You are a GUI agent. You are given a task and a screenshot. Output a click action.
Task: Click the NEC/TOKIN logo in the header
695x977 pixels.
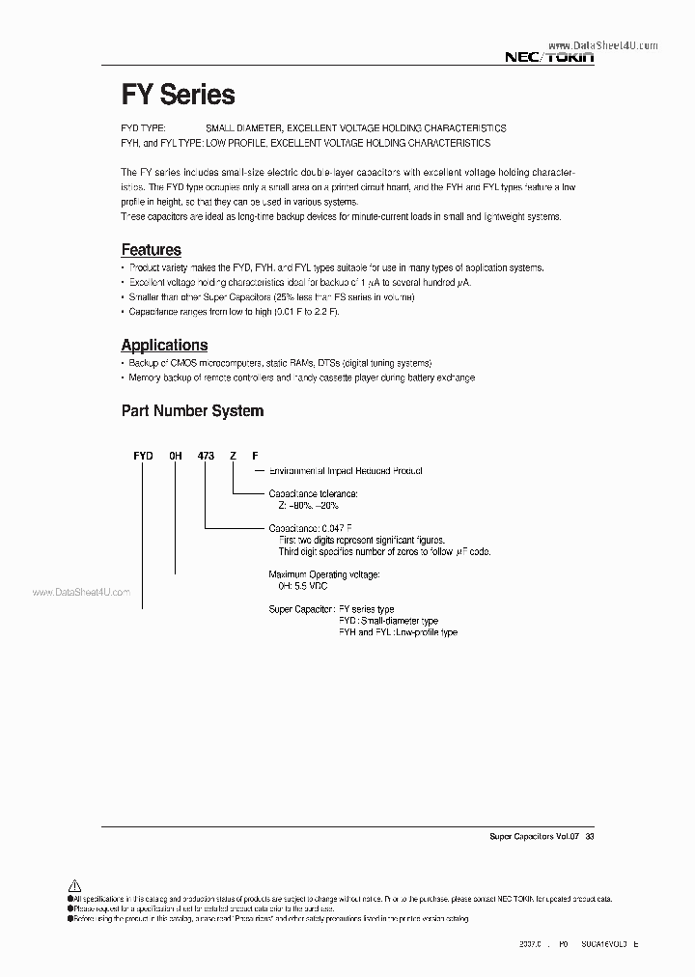coord(550,58)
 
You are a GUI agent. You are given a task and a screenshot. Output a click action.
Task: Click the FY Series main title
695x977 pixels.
coord(178,95)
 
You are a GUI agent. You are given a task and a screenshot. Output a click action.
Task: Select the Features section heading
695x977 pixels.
coord(151,250)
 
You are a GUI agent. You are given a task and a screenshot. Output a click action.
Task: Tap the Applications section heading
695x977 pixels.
coord(164,345)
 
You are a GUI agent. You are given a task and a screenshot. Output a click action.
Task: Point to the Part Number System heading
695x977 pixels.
coord(192,410)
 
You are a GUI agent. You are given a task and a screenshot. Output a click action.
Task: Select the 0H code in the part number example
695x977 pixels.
coord(176,456)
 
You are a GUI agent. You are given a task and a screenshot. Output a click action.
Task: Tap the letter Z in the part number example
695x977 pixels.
coord(232,456)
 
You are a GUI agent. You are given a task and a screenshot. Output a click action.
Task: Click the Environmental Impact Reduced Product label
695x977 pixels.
coord(345,471)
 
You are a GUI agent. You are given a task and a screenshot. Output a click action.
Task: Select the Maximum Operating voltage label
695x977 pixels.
coord(323,573)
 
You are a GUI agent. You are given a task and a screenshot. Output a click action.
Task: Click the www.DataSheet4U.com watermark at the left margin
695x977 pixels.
coord(80,593)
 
